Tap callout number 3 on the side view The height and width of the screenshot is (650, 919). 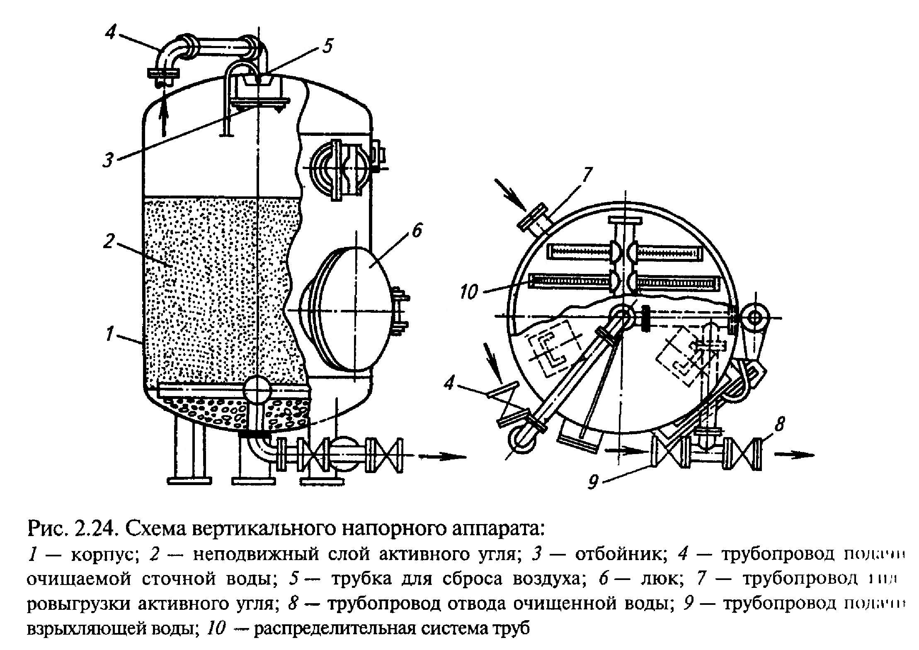(109, 159)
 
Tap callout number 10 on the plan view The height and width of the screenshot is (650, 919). (469, 293)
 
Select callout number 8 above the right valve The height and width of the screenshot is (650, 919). (779, 425)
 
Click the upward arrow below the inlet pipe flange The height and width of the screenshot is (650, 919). (164, 114)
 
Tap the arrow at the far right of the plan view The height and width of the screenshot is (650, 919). (793, 454)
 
